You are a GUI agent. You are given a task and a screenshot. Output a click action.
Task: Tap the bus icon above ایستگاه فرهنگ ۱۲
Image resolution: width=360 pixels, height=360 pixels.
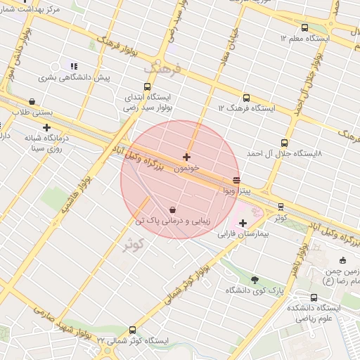245,98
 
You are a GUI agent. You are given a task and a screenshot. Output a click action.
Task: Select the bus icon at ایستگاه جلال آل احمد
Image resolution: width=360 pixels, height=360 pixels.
284,143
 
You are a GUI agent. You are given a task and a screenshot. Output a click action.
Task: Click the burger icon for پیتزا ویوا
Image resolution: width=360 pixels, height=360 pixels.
236,180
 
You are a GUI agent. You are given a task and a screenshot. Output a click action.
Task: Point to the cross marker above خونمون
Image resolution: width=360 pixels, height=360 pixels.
186,157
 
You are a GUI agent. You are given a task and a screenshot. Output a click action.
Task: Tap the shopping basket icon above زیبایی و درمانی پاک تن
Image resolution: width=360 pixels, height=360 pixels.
173,210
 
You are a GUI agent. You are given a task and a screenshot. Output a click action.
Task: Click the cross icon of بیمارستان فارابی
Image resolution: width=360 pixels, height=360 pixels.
243,223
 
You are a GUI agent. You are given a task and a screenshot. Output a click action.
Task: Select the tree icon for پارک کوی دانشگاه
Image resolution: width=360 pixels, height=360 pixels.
255,279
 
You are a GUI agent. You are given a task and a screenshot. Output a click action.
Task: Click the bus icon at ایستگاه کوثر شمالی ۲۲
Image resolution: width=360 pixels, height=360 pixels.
132,330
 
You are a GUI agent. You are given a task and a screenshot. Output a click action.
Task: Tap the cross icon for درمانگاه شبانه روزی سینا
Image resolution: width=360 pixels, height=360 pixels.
46,128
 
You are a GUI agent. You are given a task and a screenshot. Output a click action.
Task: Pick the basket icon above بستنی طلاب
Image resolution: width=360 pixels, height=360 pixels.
32,102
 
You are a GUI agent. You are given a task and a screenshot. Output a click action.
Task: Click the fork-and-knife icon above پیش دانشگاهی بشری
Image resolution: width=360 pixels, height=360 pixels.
74,66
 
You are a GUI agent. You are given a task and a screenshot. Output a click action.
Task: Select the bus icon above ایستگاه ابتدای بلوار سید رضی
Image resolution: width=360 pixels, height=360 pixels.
147,86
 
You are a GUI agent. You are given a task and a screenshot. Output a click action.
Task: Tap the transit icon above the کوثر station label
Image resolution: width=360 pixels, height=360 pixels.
281,207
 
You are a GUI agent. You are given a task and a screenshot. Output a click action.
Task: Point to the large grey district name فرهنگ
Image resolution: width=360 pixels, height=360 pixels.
162,69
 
